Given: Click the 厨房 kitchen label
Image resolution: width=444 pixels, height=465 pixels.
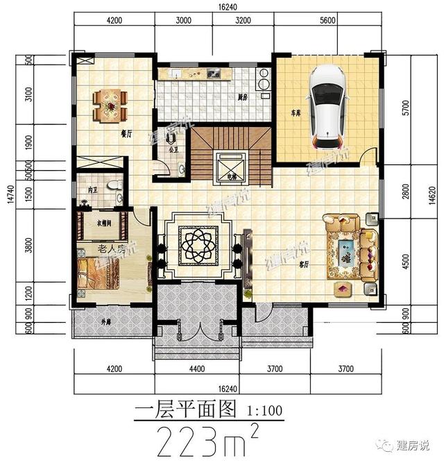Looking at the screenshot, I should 243,96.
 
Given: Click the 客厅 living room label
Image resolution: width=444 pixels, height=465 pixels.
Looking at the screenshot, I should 303,264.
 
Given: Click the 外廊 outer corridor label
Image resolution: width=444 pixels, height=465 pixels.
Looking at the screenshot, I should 105,321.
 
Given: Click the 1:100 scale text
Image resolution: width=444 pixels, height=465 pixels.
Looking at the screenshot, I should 264,410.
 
